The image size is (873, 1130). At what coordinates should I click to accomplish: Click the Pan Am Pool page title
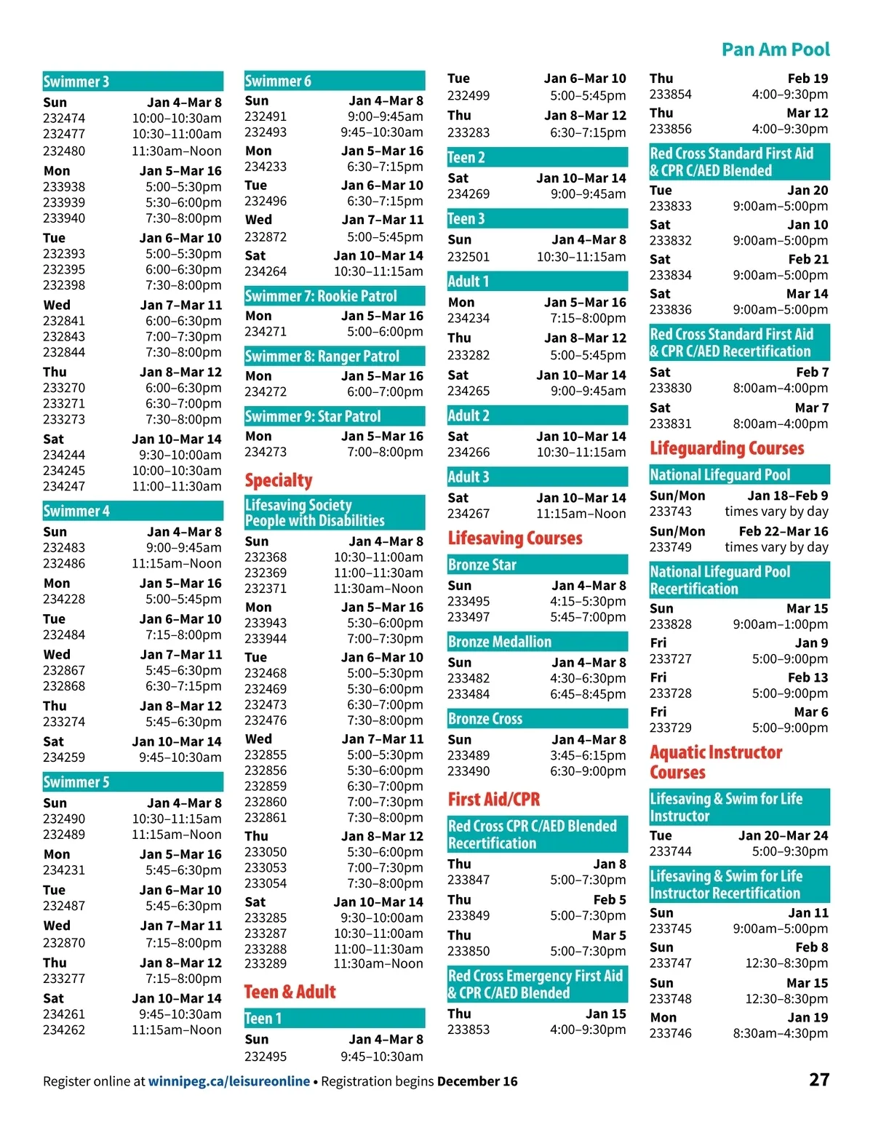coord(775,49)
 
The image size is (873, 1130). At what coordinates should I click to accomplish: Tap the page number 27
coord(819,1079)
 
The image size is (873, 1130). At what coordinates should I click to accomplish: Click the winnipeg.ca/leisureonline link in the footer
coord(229,1081)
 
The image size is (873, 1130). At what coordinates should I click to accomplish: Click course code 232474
coord(64,118)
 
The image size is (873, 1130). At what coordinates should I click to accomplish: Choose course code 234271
coord(266,332)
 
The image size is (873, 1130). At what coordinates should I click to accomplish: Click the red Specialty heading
coord(279,480)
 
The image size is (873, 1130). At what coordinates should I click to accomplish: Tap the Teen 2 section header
coord(466,157)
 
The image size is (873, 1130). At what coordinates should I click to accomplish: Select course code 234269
coord(469,194)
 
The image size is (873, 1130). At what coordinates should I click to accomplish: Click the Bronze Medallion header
coord(500,642)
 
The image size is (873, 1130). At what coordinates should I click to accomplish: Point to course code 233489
coord(469,755)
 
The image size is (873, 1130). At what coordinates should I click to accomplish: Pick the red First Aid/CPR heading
coord(494,799)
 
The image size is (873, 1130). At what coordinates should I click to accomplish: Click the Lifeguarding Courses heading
coord(727,448)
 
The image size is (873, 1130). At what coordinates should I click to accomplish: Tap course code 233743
coord(671,512)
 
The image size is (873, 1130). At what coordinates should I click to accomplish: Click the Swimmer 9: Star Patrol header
coord(313,416)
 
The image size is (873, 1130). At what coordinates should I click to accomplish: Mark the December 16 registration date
coord(477,1081)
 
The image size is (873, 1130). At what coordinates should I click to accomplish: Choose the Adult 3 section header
coord(469,477)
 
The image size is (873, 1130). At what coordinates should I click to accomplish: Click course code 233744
coord(671,851)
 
